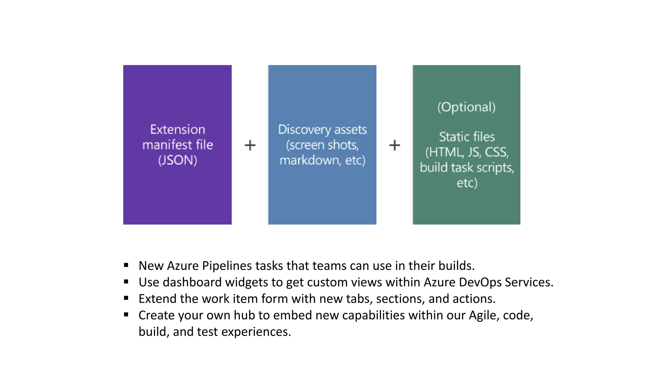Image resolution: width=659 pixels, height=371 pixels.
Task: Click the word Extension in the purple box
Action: pyautogui.click(x=178, y=129)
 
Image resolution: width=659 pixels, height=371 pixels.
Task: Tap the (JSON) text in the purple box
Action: pyautogui.click(x=178, y=160)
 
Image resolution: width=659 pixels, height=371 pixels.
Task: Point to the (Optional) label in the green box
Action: pyautogui.click(x=467, y=107)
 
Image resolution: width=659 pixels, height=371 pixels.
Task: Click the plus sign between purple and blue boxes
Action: pyautogui.click(x=250, y=145)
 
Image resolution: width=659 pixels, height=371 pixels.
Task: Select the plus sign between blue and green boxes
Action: pyautogui.click(x=394, y=145)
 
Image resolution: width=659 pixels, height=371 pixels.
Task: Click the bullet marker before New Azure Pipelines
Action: pyautogui.click(x=126, y=265)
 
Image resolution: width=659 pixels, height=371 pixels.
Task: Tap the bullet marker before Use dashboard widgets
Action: pyautogui.click(x=126, y=282)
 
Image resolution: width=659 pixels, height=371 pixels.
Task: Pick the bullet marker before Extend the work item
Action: pyautogui.click(x=126, y=298)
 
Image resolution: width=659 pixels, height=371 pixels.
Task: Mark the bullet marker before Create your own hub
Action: pyautogui.click(x=126, y=315)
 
